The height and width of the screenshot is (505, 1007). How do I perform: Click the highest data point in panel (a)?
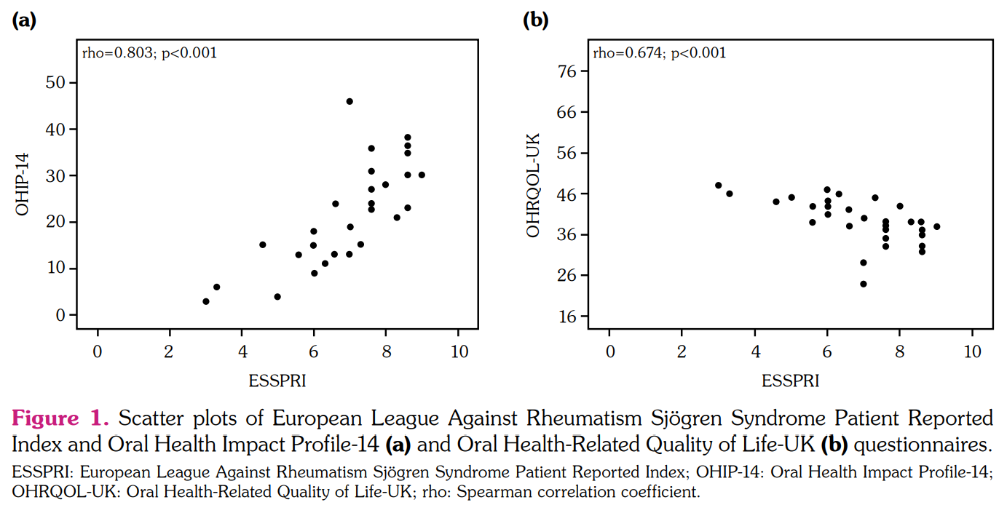(350, 101)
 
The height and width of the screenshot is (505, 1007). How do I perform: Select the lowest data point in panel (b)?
(864, 284)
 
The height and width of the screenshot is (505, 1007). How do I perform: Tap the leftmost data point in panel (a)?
(206, 301)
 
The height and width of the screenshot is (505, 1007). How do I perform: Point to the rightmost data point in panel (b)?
(936, 226)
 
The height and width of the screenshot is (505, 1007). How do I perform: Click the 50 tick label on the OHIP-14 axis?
(55, 83)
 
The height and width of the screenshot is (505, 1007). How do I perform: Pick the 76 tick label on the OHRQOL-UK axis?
(567, 71)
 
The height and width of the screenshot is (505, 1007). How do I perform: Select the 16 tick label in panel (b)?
(567, 317)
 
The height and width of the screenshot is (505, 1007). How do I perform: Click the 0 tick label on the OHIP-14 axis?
(60, 315)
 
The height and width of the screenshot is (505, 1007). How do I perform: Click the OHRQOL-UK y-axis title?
(534, 185)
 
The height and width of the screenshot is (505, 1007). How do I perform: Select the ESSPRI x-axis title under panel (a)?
(277, 381)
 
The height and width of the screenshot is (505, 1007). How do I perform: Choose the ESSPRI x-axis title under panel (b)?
(790, 381)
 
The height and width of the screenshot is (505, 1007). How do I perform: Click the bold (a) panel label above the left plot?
(24, 20)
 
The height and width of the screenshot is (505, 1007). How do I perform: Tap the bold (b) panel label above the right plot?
(536, 20)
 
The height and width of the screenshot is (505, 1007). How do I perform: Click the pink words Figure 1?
(60, 419)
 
